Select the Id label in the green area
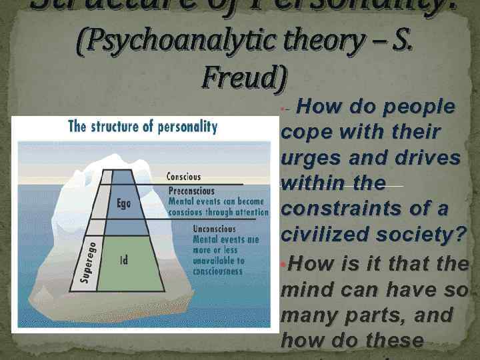[124, 261]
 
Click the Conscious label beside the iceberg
[183, 177]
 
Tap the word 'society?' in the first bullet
[423, 235]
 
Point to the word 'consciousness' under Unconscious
[217, 271]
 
